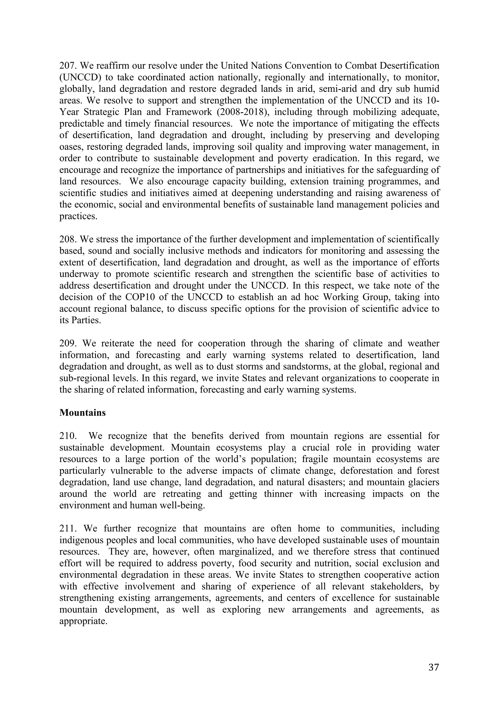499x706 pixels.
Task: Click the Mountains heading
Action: [82, 413]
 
